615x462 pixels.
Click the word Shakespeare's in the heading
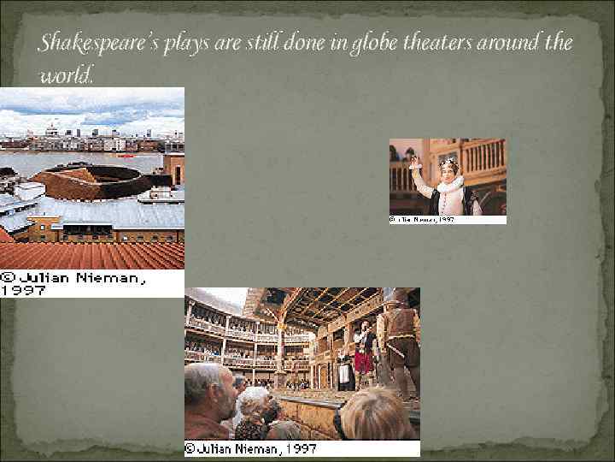(x=92, y=43)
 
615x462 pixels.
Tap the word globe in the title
(x=370, y=44)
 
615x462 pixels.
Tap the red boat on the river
(x=126, y=157)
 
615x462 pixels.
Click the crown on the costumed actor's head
(x=448, y=162)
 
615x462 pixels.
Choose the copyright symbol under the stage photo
(x=191, y=448)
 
